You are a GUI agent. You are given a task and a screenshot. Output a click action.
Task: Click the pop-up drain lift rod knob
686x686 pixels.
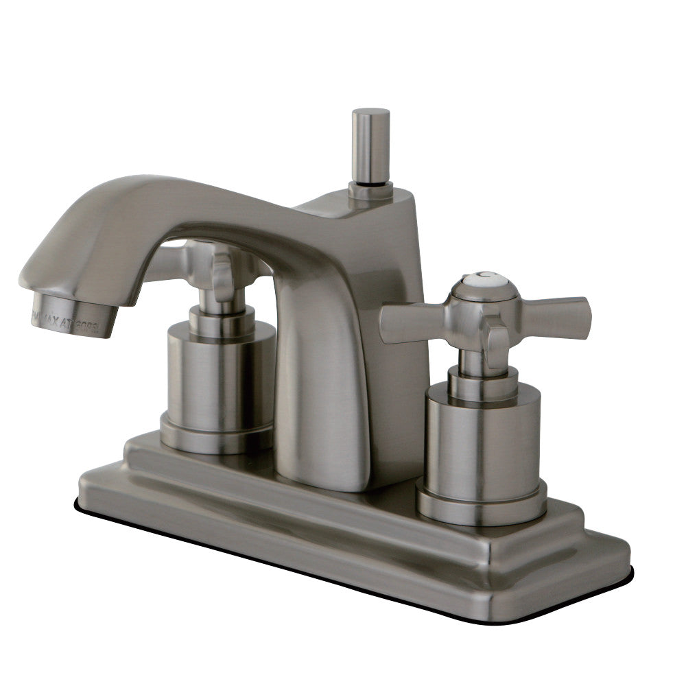pyautogui.click(x=370, y=144)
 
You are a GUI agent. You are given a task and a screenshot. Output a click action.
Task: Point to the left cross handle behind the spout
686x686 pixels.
pyautogui.click(x=213, y=264)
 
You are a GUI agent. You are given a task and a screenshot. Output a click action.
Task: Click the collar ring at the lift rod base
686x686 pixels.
pyautogui.click(x=370, y=189)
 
